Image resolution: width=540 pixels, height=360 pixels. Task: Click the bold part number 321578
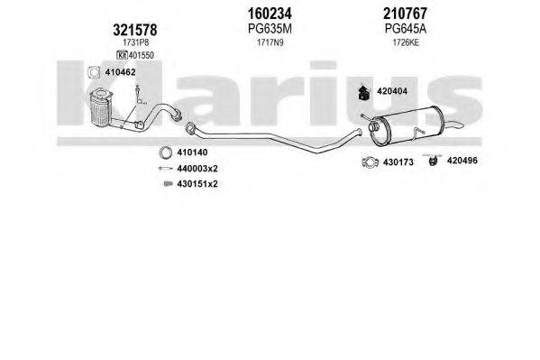(135, 30)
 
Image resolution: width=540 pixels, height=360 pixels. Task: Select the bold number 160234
(270, 14)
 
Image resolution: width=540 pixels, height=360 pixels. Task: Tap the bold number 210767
(405, 14)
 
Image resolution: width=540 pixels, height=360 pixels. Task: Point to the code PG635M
(270, 29)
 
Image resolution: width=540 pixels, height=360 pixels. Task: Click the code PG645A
(406, 29)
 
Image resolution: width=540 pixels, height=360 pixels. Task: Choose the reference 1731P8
(136, 42)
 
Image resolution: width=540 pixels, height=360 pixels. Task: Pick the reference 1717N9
(270, 42)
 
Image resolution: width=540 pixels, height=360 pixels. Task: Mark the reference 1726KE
(406, 42)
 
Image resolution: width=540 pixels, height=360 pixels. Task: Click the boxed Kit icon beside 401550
(122, 55)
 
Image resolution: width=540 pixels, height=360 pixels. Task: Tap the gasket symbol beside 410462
(94, 72)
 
